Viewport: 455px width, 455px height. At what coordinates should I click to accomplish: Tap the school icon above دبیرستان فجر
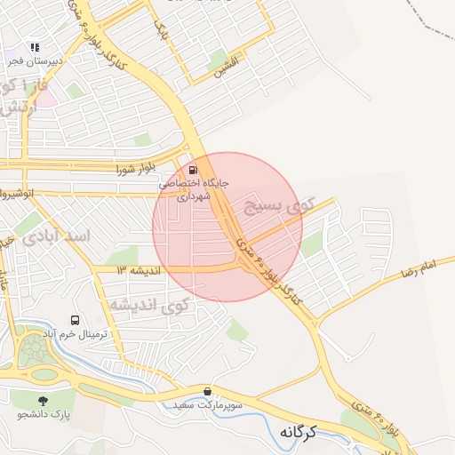pyautogui.click(x=35, y=46)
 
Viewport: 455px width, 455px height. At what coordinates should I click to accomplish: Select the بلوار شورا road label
pyautogui.click(x=135, y=166)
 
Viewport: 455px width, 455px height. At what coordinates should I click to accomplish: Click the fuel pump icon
pyautogui.click(x=194, y=170)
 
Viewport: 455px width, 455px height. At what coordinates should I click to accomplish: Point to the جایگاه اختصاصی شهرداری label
pyautogui.click(x=194, y=189)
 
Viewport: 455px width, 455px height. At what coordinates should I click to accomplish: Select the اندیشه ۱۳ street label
pyautogui.click(x=138, y=268)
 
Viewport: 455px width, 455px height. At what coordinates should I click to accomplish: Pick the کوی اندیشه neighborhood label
pyautogui.click(x=150, y=305)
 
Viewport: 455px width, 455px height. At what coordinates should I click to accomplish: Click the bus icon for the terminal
pyautogui.click(x=75, y=320)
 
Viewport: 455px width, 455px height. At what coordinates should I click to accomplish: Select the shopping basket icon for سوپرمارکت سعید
pyautogui.click(x=208, y=391)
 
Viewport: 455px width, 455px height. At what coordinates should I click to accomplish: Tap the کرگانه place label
pyautogui.click(x=299, y=431)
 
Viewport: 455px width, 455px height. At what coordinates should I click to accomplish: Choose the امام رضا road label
pyautogui.click(x=419, y=267)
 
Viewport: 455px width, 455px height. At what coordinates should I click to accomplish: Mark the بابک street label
pyautogui.click(x=161, y=34)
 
